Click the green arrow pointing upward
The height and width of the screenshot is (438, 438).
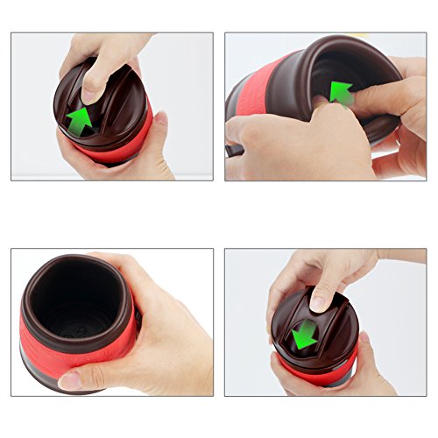click(x=80, y=121)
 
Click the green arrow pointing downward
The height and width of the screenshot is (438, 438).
click(x=304, y=333)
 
